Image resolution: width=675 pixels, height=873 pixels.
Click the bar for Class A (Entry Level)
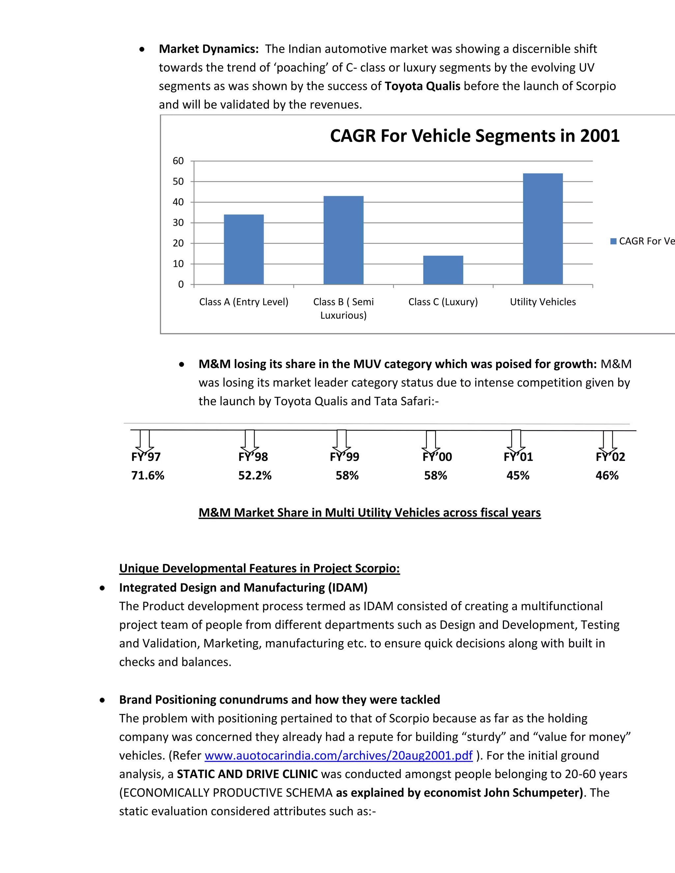244,249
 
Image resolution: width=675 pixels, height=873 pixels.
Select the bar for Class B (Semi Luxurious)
343,240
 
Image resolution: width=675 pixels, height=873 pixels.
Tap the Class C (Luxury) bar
443,270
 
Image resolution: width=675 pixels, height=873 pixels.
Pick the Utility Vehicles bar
543,229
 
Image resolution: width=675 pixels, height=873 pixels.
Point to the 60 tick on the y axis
178,161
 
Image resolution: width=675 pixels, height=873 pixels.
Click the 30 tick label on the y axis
178,223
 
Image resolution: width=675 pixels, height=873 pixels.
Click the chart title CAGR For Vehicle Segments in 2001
474,136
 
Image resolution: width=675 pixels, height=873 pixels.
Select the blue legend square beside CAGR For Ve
613,241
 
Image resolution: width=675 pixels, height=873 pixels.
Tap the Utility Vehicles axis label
543,302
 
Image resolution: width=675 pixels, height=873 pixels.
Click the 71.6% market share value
148,476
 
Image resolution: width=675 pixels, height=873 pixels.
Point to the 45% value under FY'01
517,476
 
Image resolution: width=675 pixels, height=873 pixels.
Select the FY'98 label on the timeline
253,457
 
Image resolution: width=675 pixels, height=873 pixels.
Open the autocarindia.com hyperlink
338,755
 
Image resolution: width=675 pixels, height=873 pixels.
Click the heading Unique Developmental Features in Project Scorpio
259,568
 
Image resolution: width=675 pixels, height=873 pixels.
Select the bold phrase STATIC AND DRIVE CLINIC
247,774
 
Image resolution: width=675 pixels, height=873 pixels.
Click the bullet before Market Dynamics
142,49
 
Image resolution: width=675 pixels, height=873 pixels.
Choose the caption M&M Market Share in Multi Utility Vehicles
369,513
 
